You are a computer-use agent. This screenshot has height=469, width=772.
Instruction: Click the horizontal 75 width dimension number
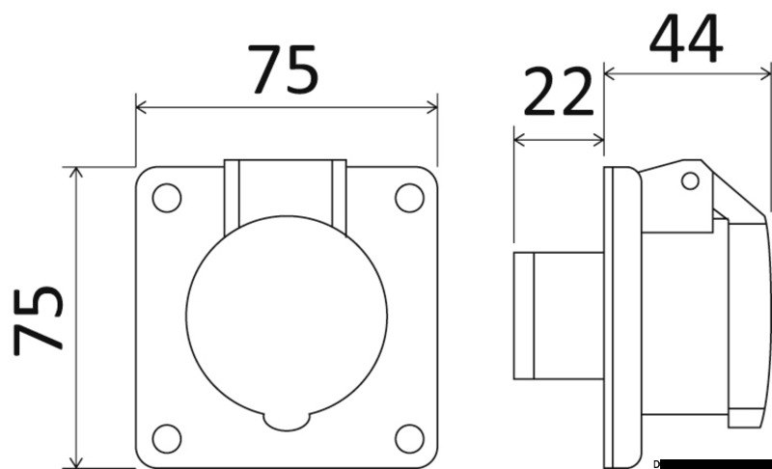tap(285, 70)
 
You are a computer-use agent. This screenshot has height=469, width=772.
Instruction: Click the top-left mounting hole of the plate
tap(167, 198)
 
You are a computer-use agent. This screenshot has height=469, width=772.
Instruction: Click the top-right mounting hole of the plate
tap(408, 197)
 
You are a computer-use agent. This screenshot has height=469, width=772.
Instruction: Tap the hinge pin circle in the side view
tap(690, 180)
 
